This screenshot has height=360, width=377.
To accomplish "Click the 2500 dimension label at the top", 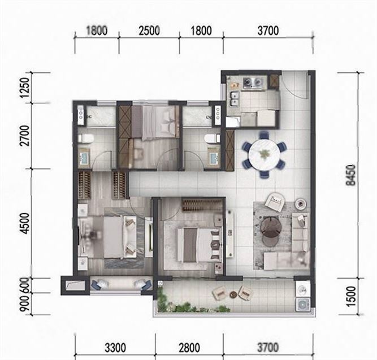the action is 149,31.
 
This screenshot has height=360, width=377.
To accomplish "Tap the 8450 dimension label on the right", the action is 350,175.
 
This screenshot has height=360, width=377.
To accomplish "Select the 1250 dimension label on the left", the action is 26,88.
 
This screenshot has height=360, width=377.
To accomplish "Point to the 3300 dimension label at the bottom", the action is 115,348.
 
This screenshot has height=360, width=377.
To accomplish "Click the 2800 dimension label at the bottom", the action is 189,348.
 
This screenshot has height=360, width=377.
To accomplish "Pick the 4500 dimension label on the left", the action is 25,223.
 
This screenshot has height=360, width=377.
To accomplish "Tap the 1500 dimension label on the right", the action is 351,296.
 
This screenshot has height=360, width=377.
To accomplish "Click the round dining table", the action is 264,153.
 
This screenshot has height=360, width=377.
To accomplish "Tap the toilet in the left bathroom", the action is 85,138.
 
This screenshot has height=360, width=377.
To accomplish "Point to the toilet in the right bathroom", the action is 213,138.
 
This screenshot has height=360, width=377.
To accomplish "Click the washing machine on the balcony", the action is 302,305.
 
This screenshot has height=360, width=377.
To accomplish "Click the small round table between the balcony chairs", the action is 233,294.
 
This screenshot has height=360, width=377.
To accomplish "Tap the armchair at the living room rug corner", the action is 274,201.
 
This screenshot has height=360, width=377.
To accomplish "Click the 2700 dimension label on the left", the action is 25,136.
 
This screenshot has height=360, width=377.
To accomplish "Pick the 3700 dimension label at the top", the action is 268,31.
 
